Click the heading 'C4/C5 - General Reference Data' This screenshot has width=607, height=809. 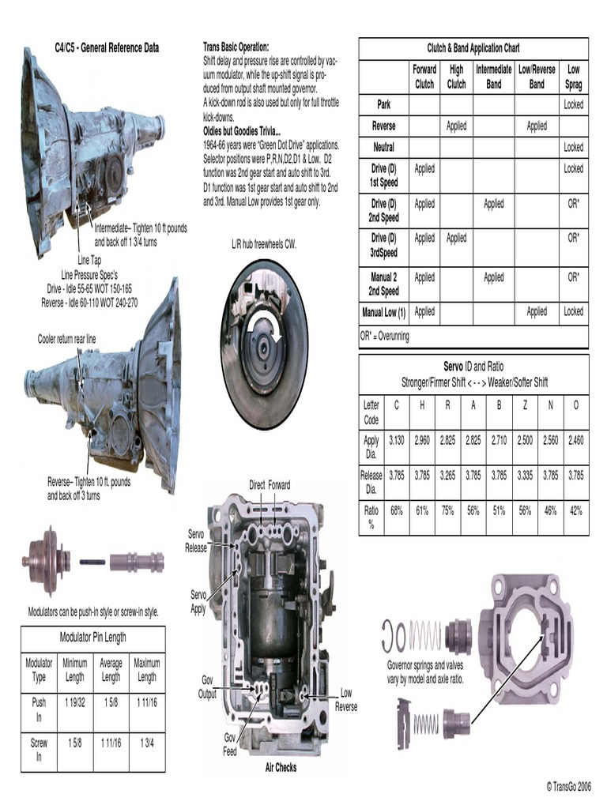(106, 48)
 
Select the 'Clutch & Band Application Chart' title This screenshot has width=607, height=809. (473, 48)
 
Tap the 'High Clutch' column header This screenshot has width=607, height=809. (456, 77)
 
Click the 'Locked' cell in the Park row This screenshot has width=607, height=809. (573, 104)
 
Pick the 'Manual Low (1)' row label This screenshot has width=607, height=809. (383, 312)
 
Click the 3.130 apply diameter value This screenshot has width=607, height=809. (396, 441)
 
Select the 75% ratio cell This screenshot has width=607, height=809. (447, 511)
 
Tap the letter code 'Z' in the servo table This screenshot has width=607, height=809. (524, 405)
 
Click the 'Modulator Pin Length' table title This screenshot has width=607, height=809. (92, 638)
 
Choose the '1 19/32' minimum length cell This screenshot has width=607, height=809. (75, 702)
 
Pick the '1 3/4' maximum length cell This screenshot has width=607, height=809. (146, 743)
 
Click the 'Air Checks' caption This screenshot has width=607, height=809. (281, 767)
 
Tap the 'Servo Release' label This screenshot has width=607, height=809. (196, 542)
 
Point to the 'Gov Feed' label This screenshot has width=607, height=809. (229, 745)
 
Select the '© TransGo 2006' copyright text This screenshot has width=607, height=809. (567, 787)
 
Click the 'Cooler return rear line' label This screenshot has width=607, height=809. (67, 339)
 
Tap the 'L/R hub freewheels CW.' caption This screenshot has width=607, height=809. (258, 245)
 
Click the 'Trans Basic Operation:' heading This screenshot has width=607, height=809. (236, 47)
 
